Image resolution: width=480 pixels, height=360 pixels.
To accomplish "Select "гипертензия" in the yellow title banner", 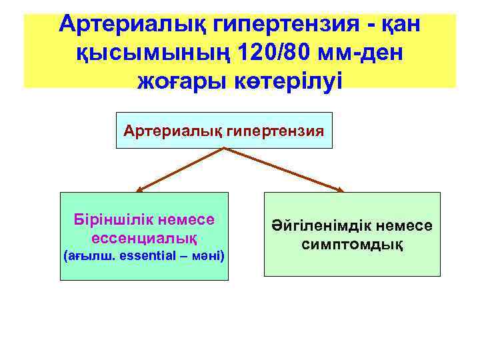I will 283,25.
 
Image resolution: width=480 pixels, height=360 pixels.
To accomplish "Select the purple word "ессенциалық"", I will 141,237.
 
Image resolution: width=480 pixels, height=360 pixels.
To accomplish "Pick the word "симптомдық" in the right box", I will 352,244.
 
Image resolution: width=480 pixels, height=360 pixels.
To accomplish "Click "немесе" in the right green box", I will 407,227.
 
